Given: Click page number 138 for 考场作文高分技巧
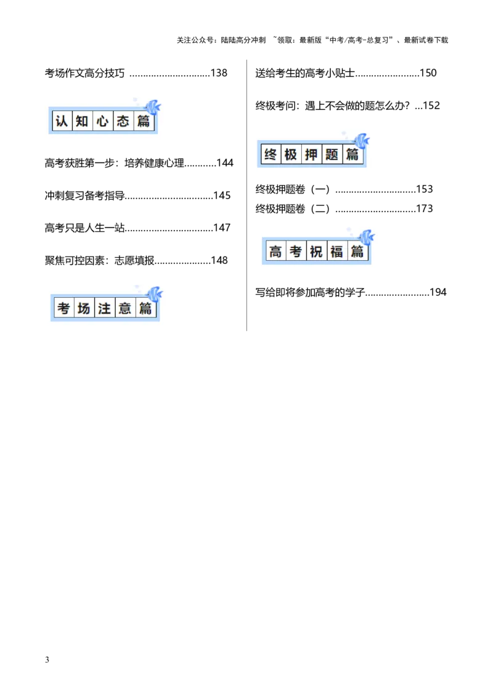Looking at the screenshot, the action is coord(219,73).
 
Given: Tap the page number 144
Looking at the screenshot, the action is coord(225,163).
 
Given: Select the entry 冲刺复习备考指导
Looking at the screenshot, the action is coord(84,196).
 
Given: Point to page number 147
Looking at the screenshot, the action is coord(222,228).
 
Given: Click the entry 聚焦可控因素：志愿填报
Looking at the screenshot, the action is coord(100,260).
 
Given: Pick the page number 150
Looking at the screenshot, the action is coord(428,73).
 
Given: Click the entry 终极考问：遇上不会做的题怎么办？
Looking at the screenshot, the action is coord(332,106).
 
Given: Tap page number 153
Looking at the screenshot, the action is coord(425,189).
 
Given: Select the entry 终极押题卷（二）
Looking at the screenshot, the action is coord(293,209).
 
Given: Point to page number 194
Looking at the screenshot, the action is coord(438,292).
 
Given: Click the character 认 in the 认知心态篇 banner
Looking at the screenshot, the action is coord(62,121).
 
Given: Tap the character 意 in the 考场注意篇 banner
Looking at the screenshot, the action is coord(125,308).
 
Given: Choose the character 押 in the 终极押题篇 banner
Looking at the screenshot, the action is coord(311,155).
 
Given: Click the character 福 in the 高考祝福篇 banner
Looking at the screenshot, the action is coord(336,252).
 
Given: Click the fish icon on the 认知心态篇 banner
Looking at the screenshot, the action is coord(152,107).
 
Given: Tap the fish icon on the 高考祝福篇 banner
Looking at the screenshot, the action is coord(366,237).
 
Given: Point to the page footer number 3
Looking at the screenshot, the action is coord(47,660).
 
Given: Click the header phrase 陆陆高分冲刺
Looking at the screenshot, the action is coord(243,40).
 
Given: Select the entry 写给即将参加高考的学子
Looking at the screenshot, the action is coord(310,292).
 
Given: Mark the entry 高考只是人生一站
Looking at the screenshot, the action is coord(84,228).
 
